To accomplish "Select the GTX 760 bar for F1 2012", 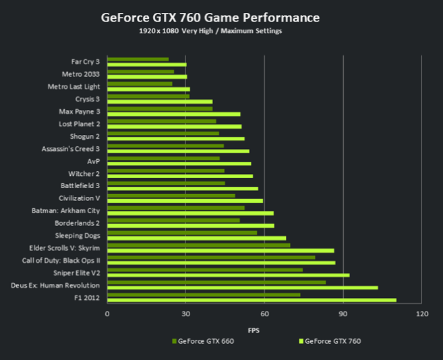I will (x=252, y=300).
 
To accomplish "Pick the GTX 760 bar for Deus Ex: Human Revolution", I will (x=242, y=287).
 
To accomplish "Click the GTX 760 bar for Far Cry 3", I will (x=146, y=65).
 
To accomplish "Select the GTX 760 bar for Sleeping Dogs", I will (x=196, y=238).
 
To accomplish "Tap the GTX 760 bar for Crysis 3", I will (x=160, y=102).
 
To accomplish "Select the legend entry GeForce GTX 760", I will (x=333, y=341).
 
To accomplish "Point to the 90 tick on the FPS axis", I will (x=344, y=314).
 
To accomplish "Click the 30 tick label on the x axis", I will (x=186, y=314).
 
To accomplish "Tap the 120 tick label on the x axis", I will (x=423, y=314).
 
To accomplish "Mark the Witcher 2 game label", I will (x=81, y=173).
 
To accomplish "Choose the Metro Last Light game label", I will (x=74, y=86).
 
